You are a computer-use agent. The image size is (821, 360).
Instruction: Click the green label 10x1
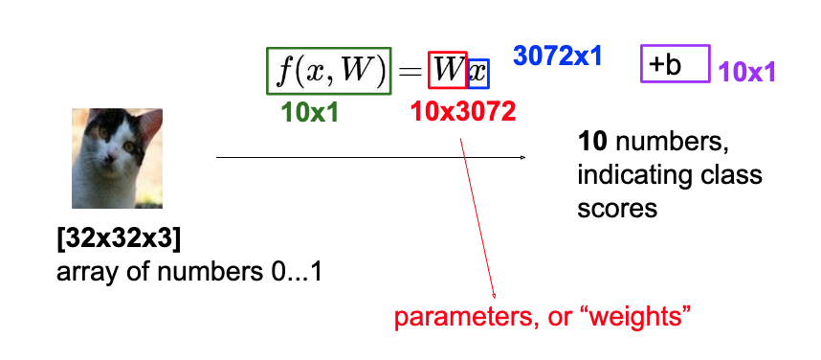[310, 111]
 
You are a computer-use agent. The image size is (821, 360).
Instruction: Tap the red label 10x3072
[462, 111]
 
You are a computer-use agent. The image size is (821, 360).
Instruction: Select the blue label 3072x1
[557, 56]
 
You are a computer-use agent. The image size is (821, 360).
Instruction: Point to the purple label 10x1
[746, 71]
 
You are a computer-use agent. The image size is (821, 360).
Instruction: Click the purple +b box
[676, 63]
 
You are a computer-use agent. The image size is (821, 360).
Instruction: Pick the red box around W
[448, 70]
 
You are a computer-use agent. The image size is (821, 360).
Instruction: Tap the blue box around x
[478, 73]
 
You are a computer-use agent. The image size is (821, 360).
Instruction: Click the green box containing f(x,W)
[328, 70]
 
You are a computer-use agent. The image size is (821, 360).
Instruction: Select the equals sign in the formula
[410, 71]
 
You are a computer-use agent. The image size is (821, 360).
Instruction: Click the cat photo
[117, 158]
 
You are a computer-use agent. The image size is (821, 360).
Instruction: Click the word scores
[617, 207]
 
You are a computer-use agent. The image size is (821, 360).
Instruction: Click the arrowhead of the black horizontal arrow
[522, 157]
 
